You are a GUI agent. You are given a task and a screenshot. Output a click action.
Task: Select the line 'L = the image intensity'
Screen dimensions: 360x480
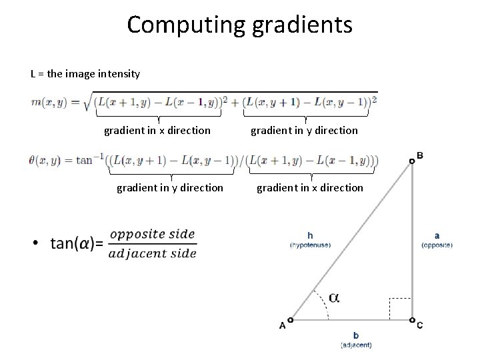coord(85,73)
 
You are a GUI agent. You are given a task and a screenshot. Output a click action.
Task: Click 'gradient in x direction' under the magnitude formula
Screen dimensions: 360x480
coord(157,130)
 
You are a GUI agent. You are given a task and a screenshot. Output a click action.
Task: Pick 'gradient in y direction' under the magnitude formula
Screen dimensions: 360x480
coord(304,130)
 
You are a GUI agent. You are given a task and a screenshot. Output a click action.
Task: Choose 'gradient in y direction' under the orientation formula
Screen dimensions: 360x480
coord(170,187)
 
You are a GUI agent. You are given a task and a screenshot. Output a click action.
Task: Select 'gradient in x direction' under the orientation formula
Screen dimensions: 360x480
coord(310,187)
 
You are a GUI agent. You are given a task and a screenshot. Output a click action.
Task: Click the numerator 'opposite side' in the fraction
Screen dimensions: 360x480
coord(152,234)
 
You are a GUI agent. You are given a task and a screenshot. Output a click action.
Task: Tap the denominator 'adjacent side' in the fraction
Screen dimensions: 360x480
coord(153,253)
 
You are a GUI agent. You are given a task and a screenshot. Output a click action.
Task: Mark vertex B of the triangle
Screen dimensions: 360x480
coord(412,160)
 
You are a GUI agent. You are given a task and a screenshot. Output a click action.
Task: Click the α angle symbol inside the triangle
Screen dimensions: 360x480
coord(333,298)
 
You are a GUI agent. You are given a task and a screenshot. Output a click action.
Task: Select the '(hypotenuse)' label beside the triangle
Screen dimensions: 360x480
coord(310,245)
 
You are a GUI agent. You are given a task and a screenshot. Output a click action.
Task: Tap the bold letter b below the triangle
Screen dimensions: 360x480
coord(356,335)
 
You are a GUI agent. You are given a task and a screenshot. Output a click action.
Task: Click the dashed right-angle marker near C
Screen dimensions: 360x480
coord(400,307)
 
